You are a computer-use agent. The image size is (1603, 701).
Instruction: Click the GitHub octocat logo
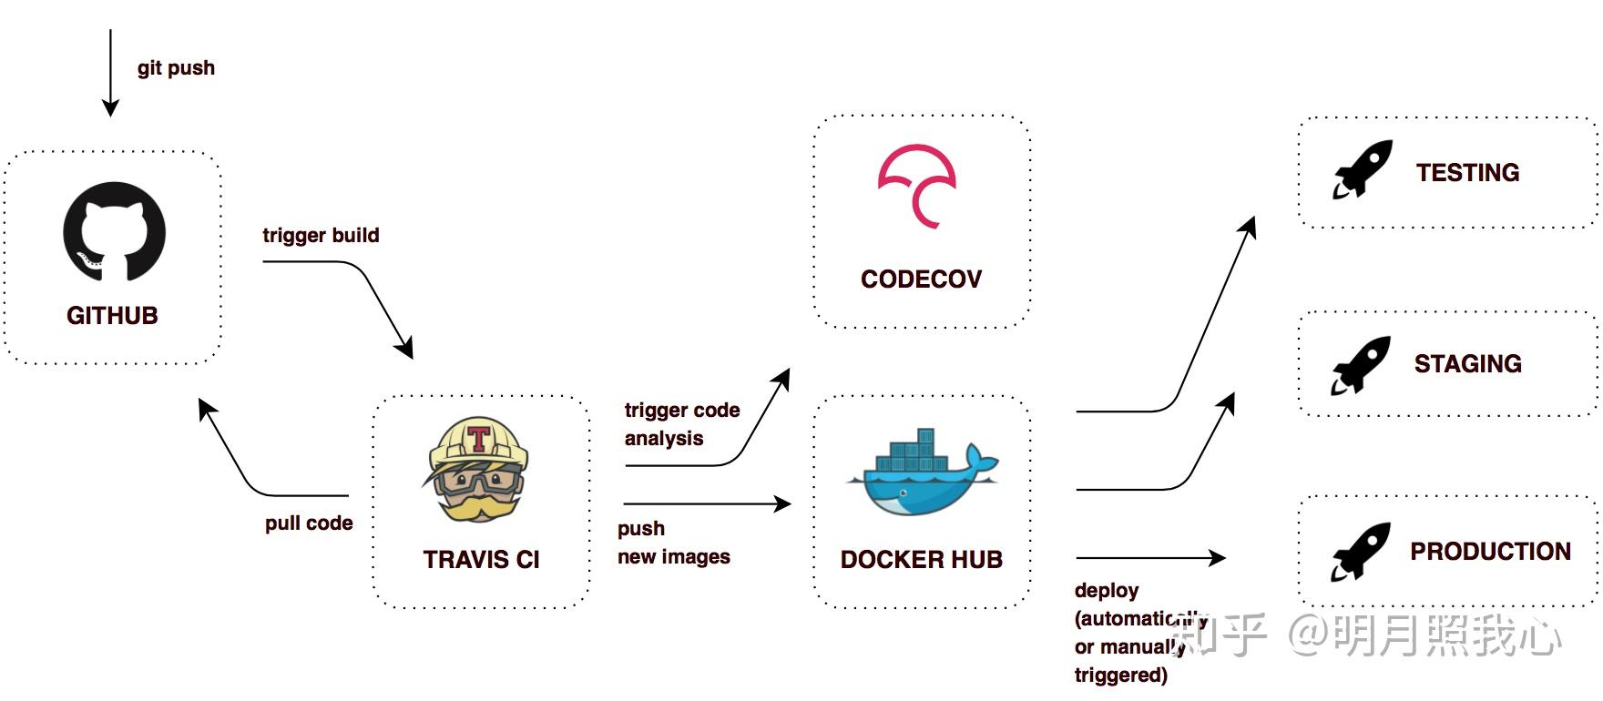[x=114, y=231]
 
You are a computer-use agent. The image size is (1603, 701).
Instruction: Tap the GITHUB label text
[x=112, y=316]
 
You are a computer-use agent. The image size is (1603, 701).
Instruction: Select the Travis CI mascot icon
[x=477, y=470]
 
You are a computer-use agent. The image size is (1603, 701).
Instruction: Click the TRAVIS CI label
[x=481, y=559]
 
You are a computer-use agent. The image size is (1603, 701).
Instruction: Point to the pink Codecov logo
[x=916, y=186]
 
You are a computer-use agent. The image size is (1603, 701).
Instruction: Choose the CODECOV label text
[x=921, y=279]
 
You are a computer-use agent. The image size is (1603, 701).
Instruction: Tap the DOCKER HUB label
[x=921, y=559]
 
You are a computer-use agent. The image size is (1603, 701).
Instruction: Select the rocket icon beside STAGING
[x=1361, y=365]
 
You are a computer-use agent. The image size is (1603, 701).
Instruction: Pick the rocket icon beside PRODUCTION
[x=1361, y=552]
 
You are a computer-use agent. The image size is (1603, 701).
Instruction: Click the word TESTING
[x=1467, y=173]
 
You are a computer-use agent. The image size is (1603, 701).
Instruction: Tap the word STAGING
[x=1467, y=364]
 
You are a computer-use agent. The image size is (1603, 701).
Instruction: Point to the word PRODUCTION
[x=1490, y=552]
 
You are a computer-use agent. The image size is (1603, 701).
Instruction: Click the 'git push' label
[x=176, y=68]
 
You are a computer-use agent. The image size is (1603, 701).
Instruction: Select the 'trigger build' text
[x=321, y=236]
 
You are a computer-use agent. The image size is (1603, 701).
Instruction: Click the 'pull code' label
[x=309, y=523]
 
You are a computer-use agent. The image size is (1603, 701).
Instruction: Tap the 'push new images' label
[x=673, y=543]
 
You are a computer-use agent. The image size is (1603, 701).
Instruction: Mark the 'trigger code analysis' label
[x=681, y=424]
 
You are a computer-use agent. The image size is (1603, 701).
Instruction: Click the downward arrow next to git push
[x=110, y=73]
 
